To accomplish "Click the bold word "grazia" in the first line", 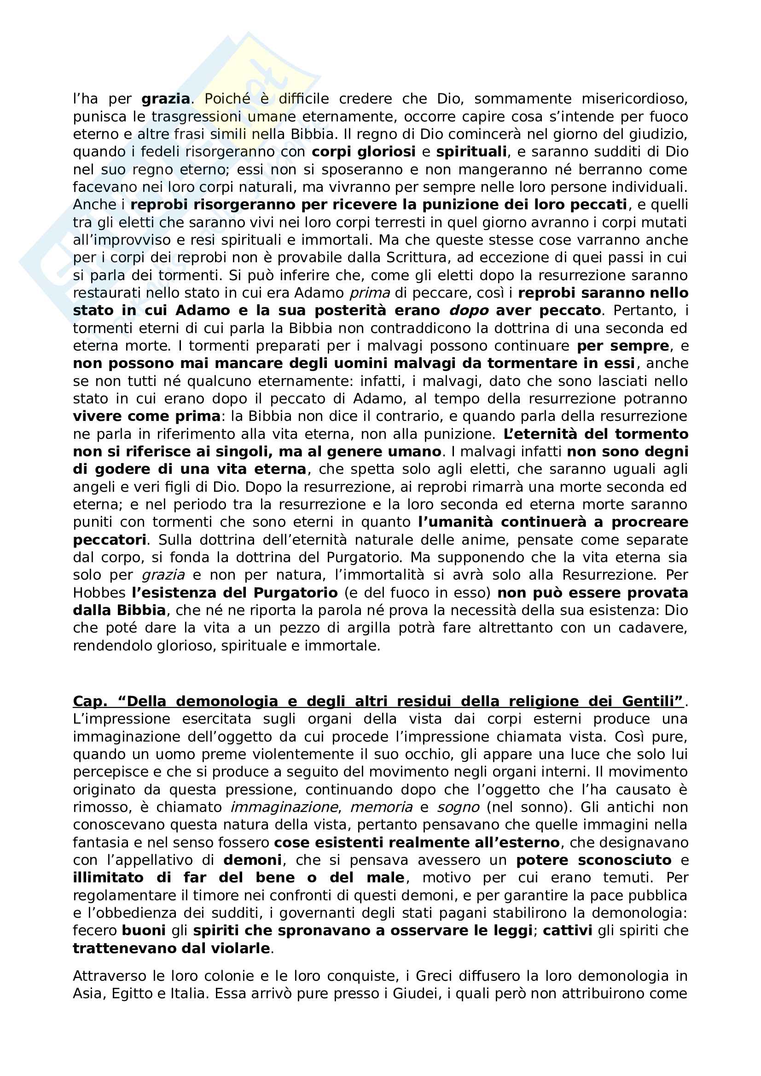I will tap(165, 99).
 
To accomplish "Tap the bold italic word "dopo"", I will tap(468, 311).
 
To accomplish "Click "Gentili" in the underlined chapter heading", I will tap(652, 702).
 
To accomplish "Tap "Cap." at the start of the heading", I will tap(90, 702).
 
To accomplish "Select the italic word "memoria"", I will tap(381, 807).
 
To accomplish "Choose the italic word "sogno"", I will tap(458, 807).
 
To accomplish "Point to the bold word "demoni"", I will tap(253, 860).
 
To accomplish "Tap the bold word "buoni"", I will tap(144, 931).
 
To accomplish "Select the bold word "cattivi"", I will tap(567, 931).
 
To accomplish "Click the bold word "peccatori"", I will tap(110, 540).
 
